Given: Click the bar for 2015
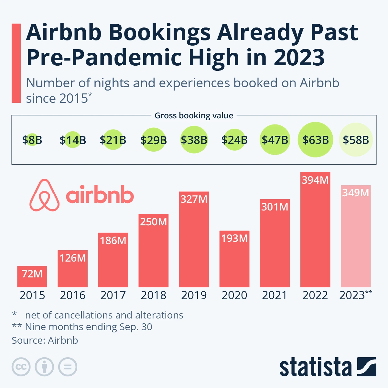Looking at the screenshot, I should click(32, 276).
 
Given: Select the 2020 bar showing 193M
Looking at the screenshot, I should click(234, 259).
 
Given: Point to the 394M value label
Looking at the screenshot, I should click(315, 180).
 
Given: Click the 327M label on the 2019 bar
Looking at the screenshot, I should click(194, 199).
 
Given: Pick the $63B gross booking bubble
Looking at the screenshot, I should click(315, 140).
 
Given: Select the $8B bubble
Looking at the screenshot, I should click(32, 140).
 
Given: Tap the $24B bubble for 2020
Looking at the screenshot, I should click(234, 140).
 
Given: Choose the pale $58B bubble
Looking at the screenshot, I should click(356, 140).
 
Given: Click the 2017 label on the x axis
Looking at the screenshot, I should click(113, 295).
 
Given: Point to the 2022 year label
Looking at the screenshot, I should click(315, 295).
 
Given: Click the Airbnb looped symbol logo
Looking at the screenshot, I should click(45, 195).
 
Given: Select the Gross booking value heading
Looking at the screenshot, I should click(194, 115).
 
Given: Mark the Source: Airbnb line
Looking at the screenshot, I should click(45, 340).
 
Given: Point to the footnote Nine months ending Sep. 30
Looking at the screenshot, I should click(88, 327).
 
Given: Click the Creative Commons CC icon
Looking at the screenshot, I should click(21, 367).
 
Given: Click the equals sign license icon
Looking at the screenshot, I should click(68, 367).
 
